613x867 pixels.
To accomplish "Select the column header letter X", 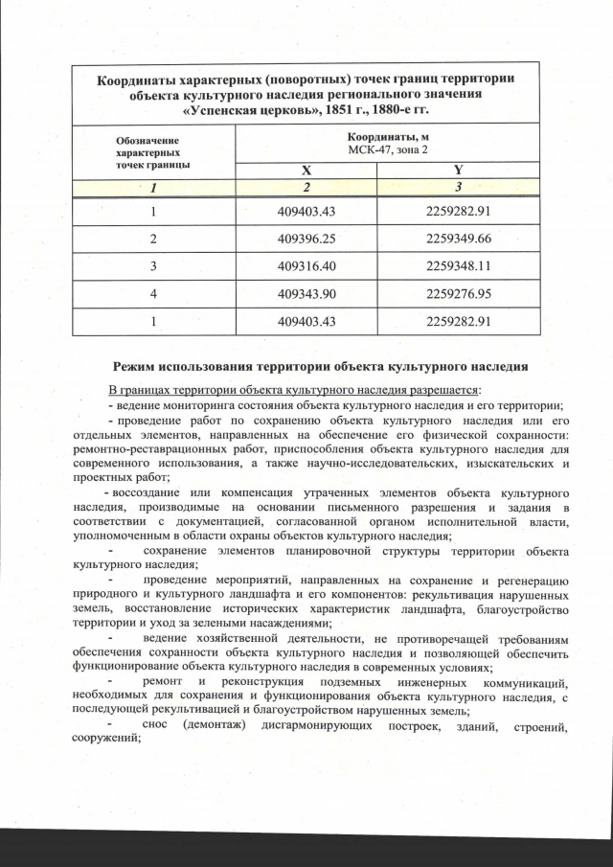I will [306, 171].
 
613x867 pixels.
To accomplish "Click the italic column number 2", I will [306, 186].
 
